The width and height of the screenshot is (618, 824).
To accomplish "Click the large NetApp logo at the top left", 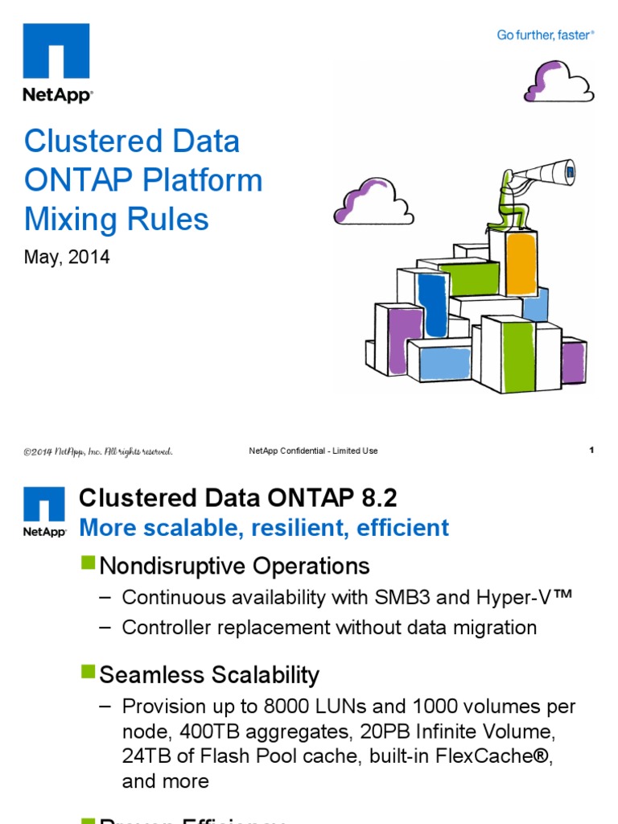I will pos(57,62).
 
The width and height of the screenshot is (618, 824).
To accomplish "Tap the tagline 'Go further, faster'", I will pos(545,35).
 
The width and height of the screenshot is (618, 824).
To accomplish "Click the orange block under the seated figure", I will pos(521,264).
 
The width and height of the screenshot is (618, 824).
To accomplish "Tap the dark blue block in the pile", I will pos(433,305).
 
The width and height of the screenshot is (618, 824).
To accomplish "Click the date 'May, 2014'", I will pos(67,257).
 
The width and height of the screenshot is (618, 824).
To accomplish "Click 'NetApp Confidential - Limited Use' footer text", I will pos(313,451).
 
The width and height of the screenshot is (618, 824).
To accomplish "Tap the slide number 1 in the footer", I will pos(591,451).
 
